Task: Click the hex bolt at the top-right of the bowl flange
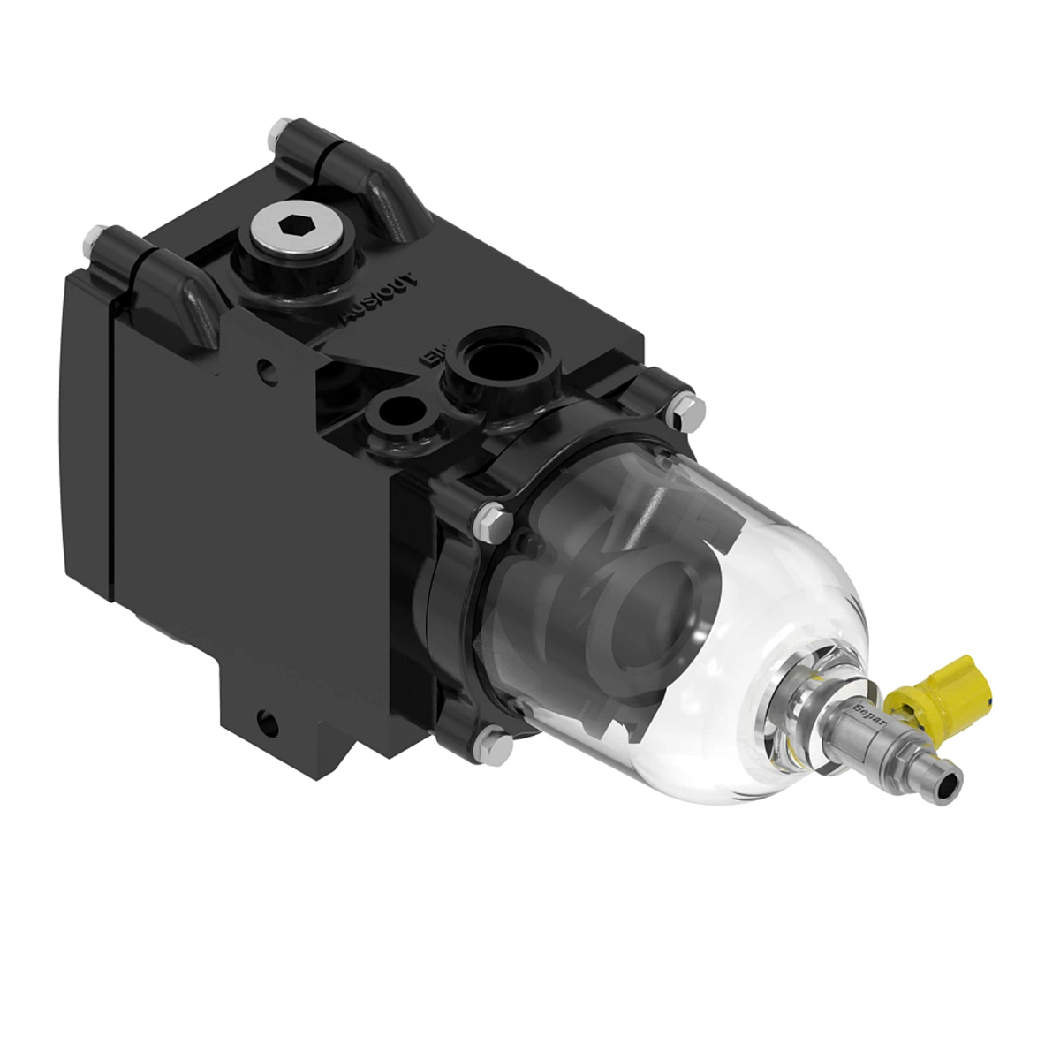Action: (685, 405)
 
